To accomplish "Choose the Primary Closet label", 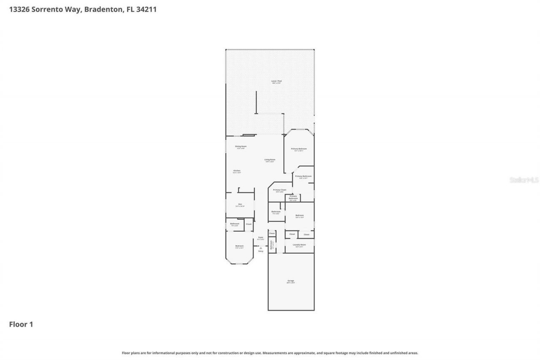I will click(x=279, y=190).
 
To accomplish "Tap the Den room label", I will click(x=240, y=205).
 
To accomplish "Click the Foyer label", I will click(x=261, y=238).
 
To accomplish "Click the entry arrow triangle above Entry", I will click(x=261, y=248).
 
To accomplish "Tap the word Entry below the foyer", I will click(x=261, y=251).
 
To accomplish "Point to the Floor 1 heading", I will click(x=21, y=325).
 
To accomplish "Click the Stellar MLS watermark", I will click(x=524, y=180).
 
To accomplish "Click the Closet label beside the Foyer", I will click(x=272, y=233).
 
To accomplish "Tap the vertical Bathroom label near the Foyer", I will click(x=272, y=245).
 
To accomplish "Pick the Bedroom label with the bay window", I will click(x=239, y=246).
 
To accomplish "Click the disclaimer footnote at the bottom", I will click(x=270, y=353).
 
